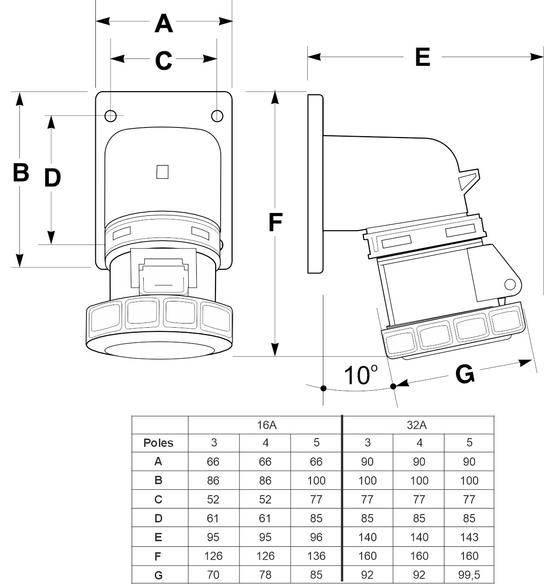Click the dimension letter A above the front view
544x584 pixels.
click(164, 23)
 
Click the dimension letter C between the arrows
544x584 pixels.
click(164, 60)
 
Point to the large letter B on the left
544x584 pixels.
click(21, 173)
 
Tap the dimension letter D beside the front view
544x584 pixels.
click(53, 178)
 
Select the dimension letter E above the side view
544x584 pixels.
click(422, 58)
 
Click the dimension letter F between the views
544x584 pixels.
click(275, 223)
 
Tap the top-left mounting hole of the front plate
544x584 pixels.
click(110, 116)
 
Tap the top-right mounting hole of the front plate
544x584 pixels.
click(217, 116)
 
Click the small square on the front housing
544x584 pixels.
click(163, 172)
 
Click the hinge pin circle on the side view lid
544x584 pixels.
click(509, 283)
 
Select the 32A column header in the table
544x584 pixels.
click(417, 425)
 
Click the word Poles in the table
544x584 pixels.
click(158, 443)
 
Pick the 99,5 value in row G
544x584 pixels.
click(469, 575)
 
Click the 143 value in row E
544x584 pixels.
click(469, 537)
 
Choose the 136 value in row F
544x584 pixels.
click(316, 556)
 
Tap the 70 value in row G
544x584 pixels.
click(213, 575)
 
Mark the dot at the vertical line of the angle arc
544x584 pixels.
click(323, 388)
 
